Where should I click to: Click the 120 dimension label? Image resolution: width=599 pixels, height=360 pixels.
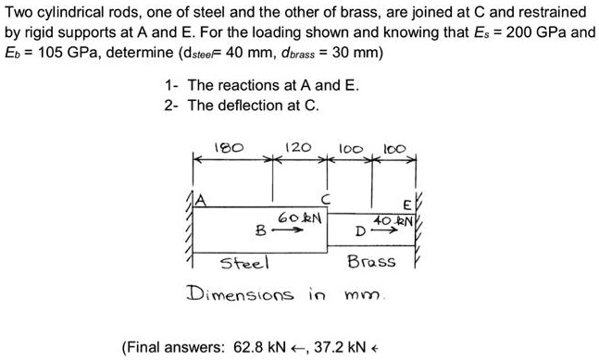coord(296,145)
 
